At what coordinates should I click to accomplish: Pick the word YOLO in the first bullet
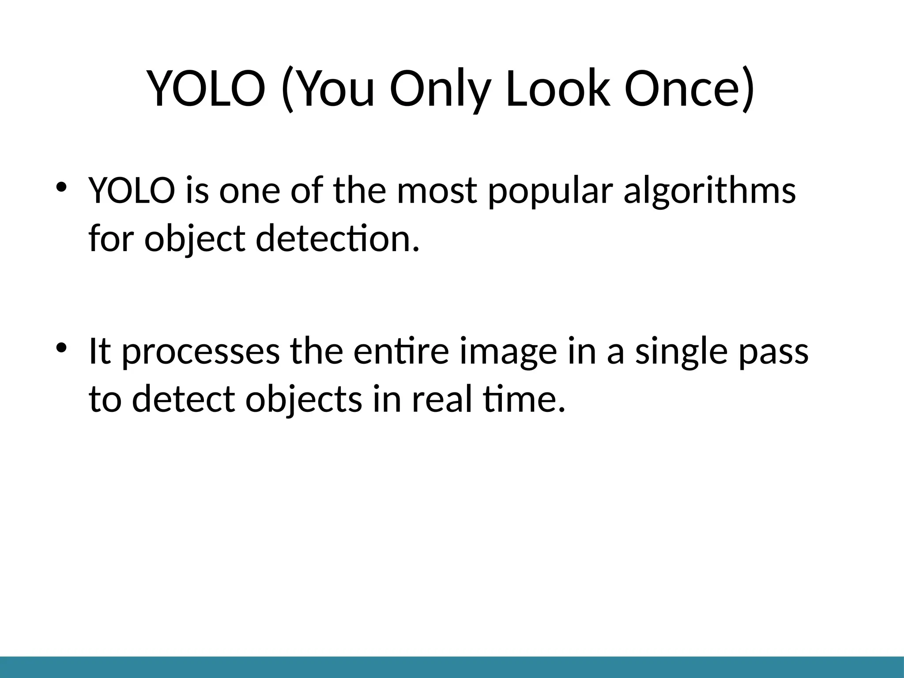point(132,191)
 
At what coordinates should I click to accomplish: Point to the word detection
point(336,239)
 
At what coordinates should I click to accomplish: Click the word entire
point(401,351)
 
